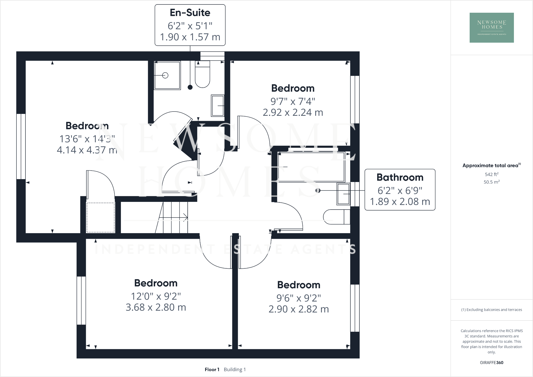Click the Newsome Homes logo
point(492,28)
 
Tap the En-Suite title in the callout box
point(190,13)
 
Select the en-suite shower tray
point(167,76)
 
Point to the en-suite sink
point(218,105)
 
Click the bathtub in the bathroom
point(311,167)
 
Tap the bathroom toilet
point(336,217)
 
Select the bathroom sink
point(343,194)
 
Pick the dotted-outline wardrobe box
point(100,218)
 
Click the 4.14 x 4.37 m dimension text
point(87,150)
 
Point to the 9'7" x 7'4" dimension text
point(293,101)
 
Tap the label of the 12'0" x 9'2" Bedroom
point(156,283)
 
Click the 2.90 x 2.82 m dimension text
point(298,309)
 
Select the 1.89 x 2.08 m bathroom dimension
point(400,202)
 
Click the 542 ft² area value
point(491,174)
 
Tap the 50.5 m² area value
point(491,182)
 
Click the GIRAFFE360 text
point(491,362)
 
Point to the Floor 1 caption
point(212,369)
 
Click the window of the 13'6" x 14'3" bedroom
point(21,146)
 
